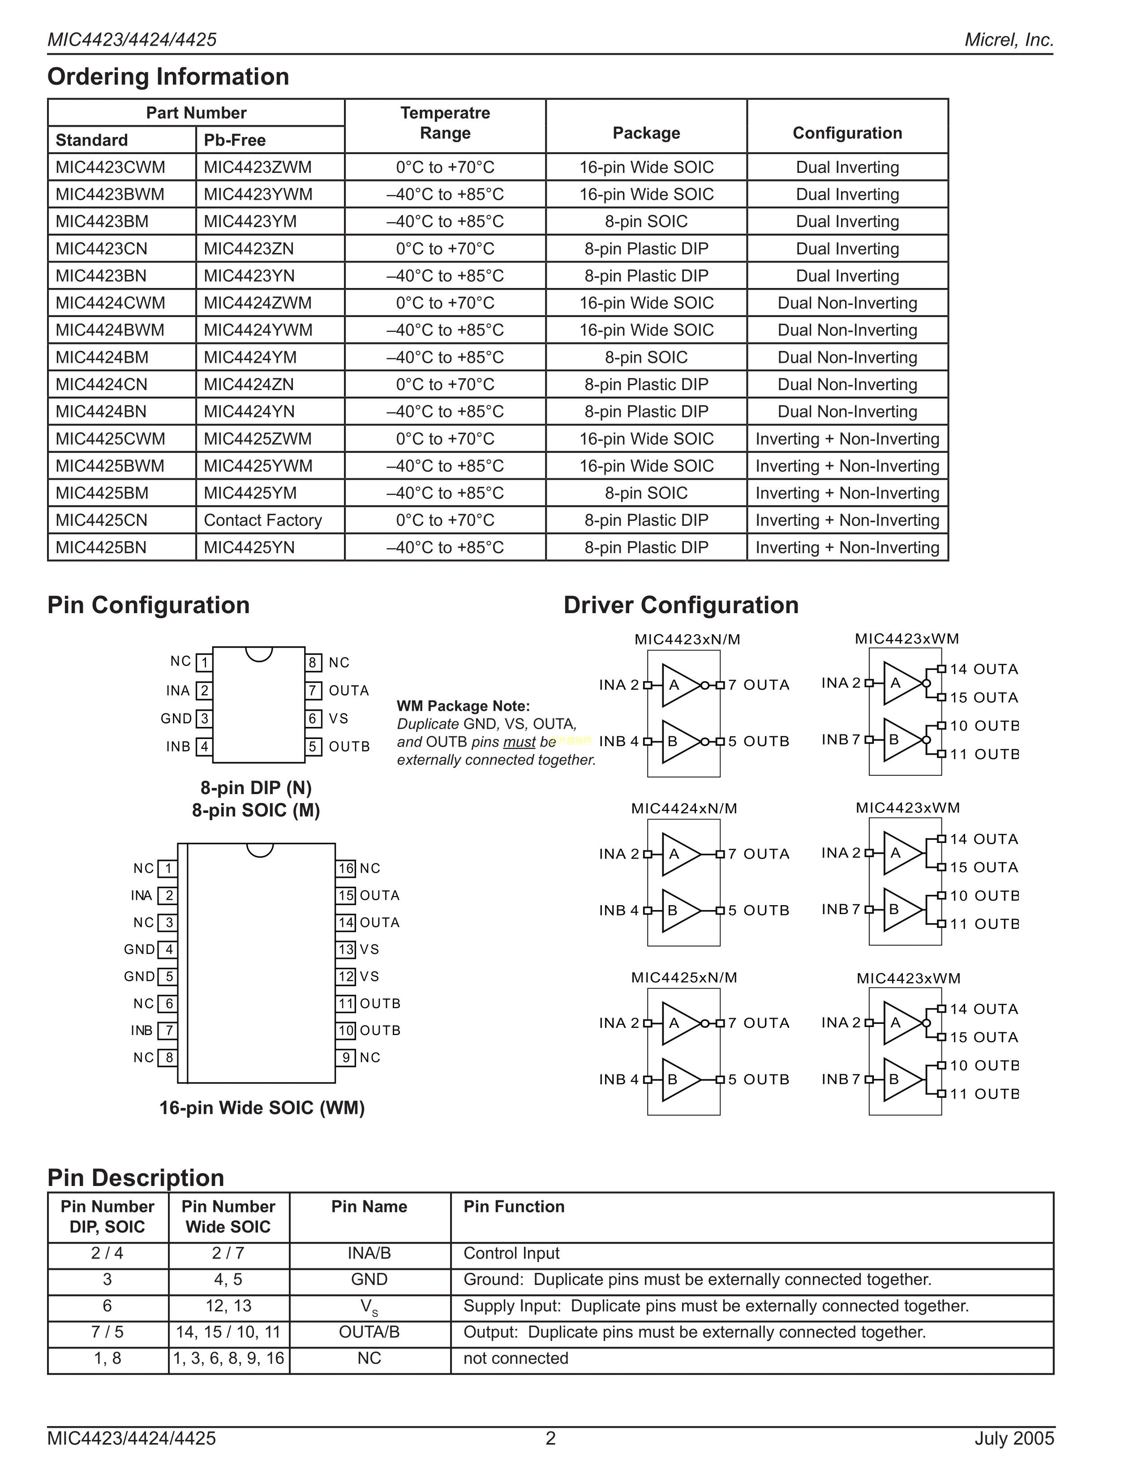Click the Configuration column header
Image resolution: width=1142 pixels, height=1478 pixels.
coord(847,133)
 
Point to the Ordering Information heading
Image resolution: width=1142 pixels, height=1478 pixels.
coord(168,77)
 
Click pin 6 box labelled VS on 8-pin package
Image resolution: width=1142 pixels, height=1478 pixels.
coord(313,719)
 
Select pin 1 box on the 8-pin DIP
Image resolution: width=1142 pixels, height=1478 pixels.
coord(204,662)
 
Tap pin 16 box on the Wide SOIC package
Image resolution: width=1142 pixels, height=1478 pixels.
coord(346,868)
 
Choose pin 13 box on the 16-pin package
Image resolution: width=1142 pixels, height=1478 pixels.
coord(346,950)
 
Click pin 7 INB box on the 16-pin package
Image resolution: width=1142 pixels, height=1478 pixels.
coord(168,1031)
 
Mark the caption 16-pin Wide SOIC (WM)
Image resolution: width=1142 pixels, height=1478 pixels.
coord(262,1108)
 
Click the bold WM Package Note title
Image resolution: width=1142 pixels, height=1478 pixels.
coord(464,706)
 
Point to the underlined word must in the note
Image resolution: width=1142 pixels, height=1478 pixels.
coord(519,742)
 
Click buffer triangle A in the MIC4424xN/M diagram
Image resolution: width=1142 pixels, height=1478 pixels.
coord(678,854)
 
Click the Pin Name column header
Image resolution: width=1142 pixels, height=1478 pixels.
coord(369,1207)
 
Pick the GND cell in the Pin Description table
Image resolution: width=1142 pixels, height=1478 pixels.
coord(369,1280)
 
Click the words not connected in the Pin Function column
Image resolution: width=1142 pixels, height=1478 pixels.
coord(515,1358)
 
